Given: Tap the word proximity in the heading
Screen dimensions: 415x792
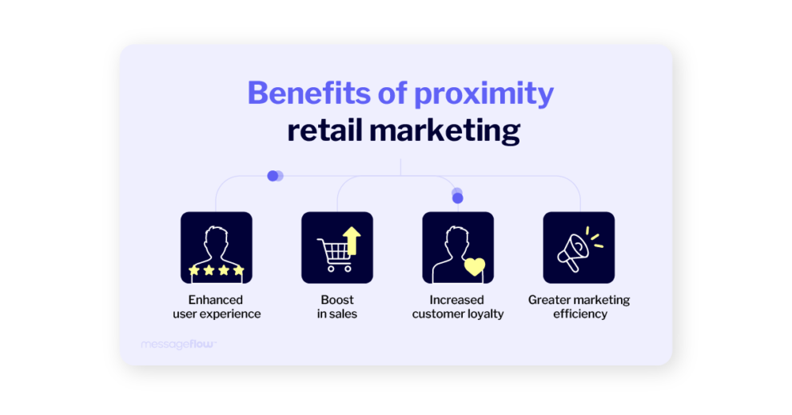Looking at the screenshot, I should pyautogui.click(x=484, y=94).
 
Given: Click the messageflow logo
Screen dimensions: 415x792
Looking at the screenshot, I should pyautogui.click(x=178, y=344).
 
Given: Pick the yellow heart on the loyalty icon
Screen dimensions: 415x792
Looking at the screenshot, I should pyautogui.click(x=475, y=266).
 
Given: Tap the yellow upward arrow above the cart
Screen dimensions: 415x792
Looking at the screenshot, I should pyautogui.click(x=352, y=238).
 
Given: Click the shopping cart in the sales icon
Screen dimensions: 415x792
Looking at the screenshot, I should pyautogui.click(x=334, y=254).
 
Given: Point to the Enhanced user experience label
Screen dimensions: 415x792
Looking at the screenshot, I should pyautogui.click(x=216, y=307).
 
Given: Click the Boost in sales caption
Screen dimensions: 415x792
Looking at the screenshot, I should pyautogui.click(x=336, y=307).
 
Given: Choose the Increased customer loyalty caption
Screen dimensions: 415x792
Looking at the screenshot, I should pyautogui.click(x=458, y=307).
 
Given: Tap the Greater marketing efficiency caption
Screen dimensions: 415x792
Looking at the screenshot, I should pyautogui.click(x=579, y=307).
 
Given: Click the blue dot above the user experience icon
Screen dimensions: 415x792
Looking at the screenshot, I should pyautogui.click(x=273, y=176).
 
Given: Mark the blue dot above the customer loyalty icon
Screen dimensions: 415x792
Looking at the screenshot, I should pyautogui.click(x=457, y=198).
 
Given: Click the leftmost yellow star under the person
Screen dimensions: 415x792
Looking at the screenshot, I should pyautogui.click(x=194, y=271).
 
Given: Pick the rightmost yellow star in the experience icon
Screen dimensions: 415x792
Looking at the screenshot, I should pyautogui.click(x=238, y=271).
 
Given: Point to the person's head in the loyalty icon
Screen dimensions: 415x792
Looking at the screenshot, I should pyautogui.click(x=457, y=237).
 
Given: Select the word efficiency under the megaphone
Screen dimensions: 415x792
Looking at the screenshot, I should pyautogui.click(x=579, y=314).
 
